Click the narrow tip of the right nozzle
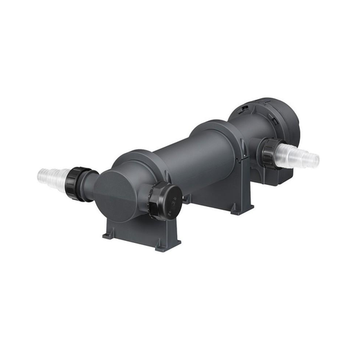click(x=314, y=160)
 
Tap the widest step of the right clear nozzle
click(x=287, y=152)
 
